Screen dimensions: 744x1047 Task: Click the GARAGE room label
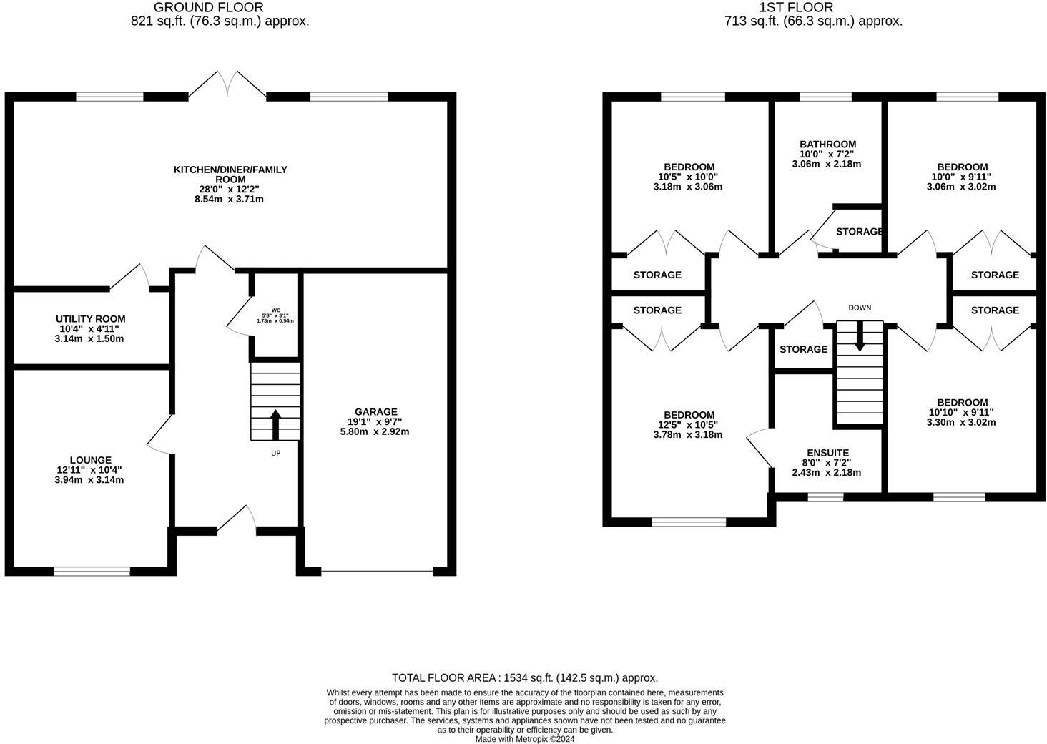click(377, 411)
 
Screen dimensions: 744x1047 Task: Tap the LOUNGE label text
click(90, 460)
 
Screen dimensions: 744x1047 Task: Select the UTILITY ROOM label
click(90, 319)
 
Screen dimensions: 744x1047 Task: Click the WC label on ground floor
click(275, 310)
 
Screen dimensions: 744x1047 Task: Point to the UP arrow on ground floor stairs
click(275, 424)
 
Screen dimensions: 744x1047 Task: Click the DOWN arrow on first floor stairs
click(860, 337)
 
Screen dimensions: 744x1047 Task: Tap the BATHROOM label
click(827, 144)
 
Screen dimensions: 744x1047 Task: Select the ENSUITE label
click(827, 453)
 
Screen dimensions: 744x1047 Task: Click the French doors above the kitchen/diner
click(227, 83)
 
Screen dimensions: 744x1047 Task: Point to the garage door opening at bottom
click(377, 571)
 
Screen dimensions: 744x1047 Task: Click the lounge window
click(92, 571)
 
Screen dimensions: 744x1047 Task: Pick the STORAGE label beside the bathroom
click(859, 232)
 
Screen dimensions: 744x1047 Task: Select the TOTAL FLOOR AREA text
click(524, 677)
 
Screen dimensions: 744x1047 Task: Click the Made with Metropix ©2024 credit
click(524, 739)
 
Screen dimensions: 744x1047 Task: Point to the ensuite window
click(827, 496)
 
